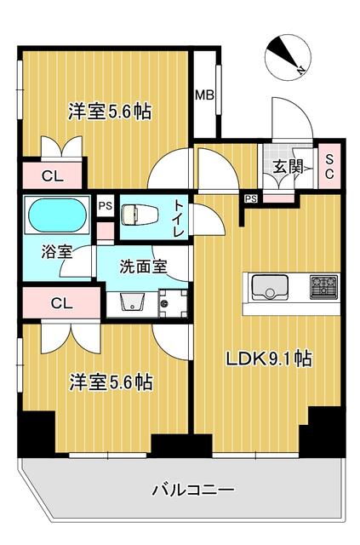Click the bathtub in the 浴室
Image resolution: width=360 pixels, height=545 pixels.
(x=57, y=215)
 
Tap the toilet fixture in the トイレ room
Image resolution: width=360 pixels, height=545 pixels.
(x=140, y=215)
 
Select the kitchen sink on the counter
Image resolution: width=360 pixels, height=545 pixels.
(x=270, y=287)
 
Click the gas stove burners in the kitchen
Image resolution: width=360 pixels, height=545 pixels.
(x=323, y=286)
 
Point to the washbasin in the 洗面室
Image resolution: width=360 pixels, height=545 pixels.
(x=132, y=302)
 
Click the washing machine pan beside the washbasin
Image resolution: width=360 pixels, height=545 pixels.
(x=173, y=303)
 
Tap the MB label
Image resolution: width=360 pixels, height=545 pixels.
(x=204, y=95)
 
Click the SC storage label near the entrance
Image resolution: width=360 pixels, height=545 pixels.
(x=329, y=166)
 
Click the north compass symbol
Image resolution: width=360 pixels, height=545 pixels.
(x=288, y=58)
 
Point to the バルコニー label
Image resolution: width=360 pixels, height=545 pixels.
(x=193, y=490)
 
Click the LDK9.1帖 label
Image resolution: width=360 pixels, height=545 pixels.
(x=269, y=359)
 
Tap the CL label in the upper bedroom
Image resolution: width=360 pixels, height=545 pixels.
(x=53, y=176)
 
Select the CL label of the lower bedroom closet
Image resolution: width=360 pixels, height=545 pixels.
(x=61, y=303)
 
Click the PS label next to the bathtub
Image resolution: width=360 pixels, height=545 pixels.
(x=106, y=205)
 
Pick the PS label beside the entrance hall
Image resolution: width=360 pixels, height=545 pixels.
(x=251, y=198)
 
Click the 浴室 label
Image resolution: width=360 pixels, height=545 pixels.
(x=57, y=252)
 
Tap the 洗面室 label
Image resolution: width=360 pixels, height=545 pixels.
(x=143, y=267)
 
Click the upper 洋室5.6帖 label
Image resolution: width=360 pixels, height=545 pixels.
(x=110, y=112)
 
